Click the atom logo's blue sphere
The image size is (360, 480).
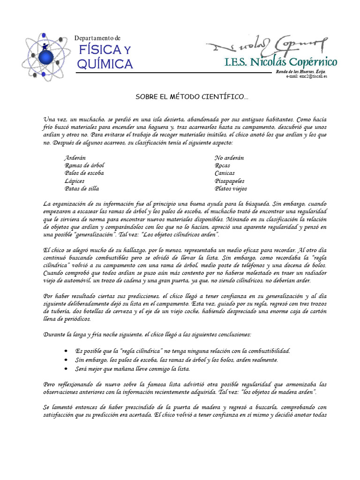click(x=45, y=57)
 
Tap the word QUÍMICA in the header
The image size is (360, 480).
click(x=105, y=64)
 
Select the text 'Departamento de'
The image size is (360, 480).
click(x=97, y=37)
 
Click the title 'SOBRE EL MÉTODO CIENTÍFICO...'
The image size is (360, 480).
click(x=192, y=97)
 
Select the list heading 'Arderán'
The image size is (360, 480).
click(x=75, y=158)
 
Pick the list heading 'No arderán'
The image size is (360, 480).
click(x=229, y=158)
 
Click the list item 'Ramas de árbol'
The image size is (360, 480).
click(x=84, y=165)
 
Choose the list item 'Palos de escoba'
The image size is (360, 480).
click(x=84, y=173)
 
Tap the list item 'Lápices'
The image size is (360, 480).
click(x=75, y=181)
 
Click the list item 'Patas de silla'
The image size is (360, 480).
click(x=82, y=188)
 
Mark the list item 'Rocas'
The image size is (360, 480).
click(x=222, y=165)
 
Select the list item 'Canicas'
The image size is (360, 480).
click(x=225, y=173)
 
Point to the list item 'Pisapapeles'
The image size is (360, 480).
click(x=229, y=181)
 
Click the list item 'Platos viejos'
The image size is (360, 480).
click(x=231, y=188)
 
